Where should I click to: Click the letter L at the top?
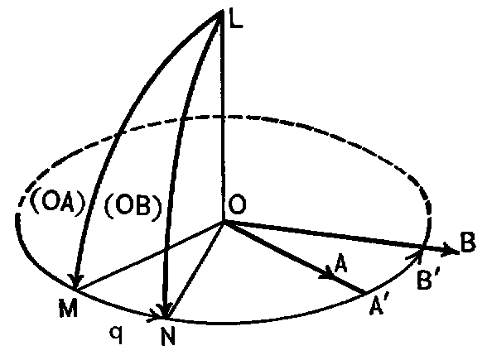pyautogui.click(x=235, y=18)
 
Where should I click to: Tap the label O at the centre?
pyautogui.click(x=237, y=205)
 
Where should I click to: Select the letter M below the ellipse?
pyautogui.click(x=68, y=308)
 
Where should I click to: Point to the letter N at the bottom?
pyautogui.click(x=168, y=336)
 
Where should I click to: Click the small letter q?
pyautogui.click(x=117, y=334)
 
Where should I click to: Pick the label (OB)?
pyautogui.click(x=133, y=207)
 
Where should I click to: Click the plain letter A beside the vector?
pyautogui.click(x=340, y=263)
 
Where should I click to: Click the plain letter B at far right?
pyautogui.click(x=468, y=242)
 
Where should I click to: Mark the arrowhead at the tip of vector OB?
pyautogui.click(x=452, y=249)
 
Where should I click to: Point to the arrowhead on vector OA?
pyautogui.click(x=328, y=272)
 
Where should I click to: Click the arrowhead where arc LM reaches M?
pyautogui.click(x=75, y=281)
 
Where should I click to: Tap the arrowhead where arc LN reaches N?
pyautogui.click(x=165, y=310)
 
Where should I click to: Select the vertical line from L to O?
pyautogui.click(x=222, y=116)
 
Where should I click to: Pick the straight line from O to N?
pyautogui.click(x=195, y=270)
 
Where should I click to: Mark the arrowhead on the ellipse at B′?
pyautogui.click(x=417, y=254)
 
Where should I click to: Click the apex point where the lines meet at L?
pyautogui.click(x=222, y=12)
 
